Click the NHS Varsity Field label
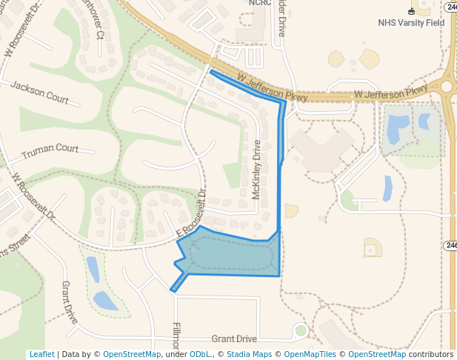[x=411, y=23]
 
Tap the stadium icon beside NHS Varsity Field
[x=411, y=11]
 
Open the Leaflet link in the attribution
[x=41, y=354]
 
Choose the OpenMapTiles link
[x=311, y=354]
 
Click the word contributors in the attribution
[x=430, y=354]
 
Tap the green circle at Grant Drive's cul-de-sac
[x=300, y=330]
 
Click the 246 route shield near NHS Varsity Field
[x=450, y=7]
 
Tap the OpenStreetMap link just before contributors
[x=377, y=354]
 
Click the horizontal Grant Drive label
[x=234, y=339]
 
